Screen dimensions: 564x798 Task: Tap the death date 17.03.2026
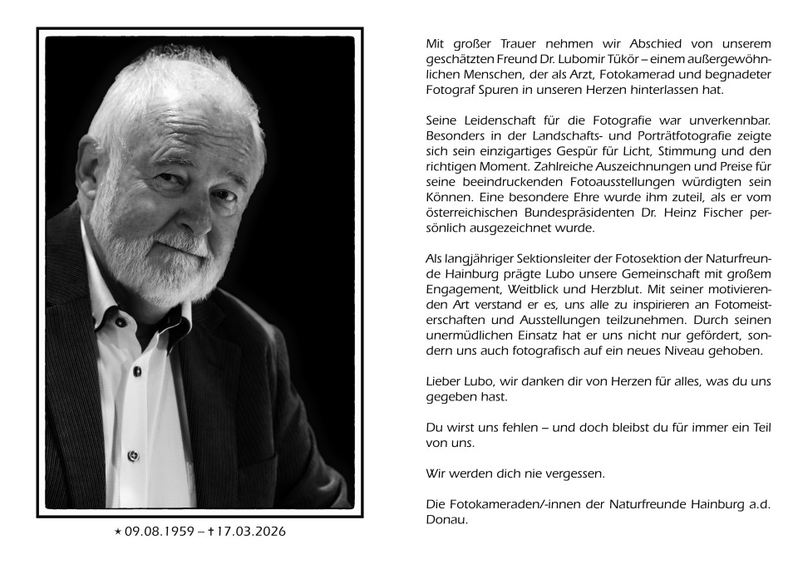251,532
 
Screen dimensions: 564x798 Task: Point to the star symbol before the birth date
117,532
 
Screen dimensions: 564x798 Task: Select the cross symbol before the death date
211,531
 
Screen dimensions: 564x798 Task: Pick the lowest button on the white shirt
131,455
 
